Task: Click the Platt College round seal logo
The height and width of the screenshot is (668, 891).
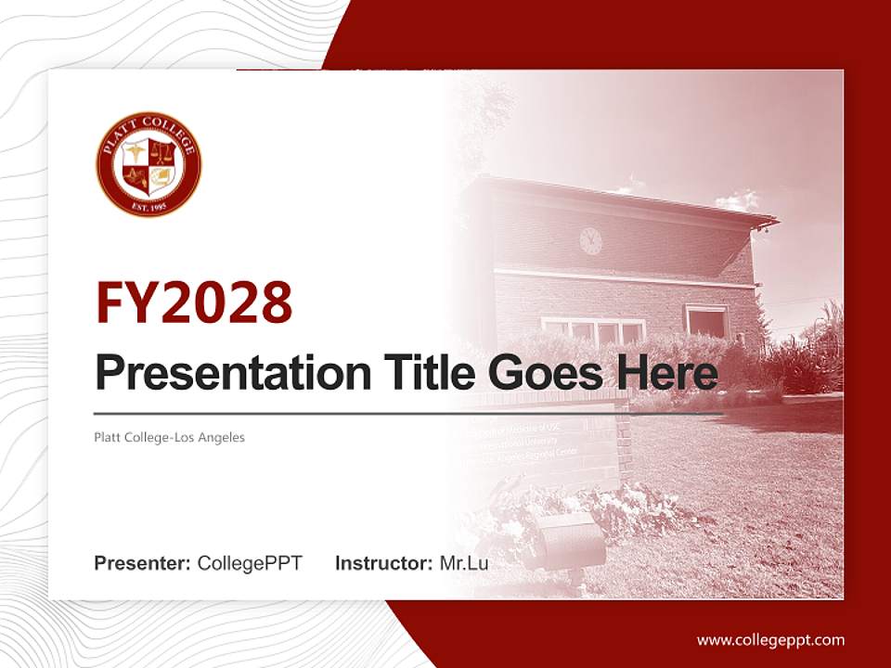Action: click(x=148, y=165)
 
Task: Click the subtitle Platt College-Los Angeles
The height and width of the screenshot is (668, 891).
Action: click(x=170, y=437)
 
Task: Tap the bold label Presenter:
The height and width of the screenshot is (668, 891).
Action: click(x=143, y=562)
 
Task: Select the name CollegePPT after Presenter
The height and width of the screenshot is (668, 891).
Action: click(x=250, y=562)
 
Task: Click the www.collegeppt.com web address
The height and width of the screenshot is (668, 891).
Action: click(x=770, y=639)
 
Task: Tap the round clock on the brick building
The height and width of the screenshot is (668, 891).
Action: click(x=590, y=241)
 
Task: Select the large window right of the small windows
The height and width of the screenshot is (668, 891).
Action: click(x=707, y=322)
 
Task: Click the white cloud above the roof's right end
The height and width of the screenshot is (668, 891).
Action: click(x=739, y=199)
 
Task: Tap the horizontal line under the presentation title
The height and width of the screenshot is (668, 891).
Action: click(x=408, y=414)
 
